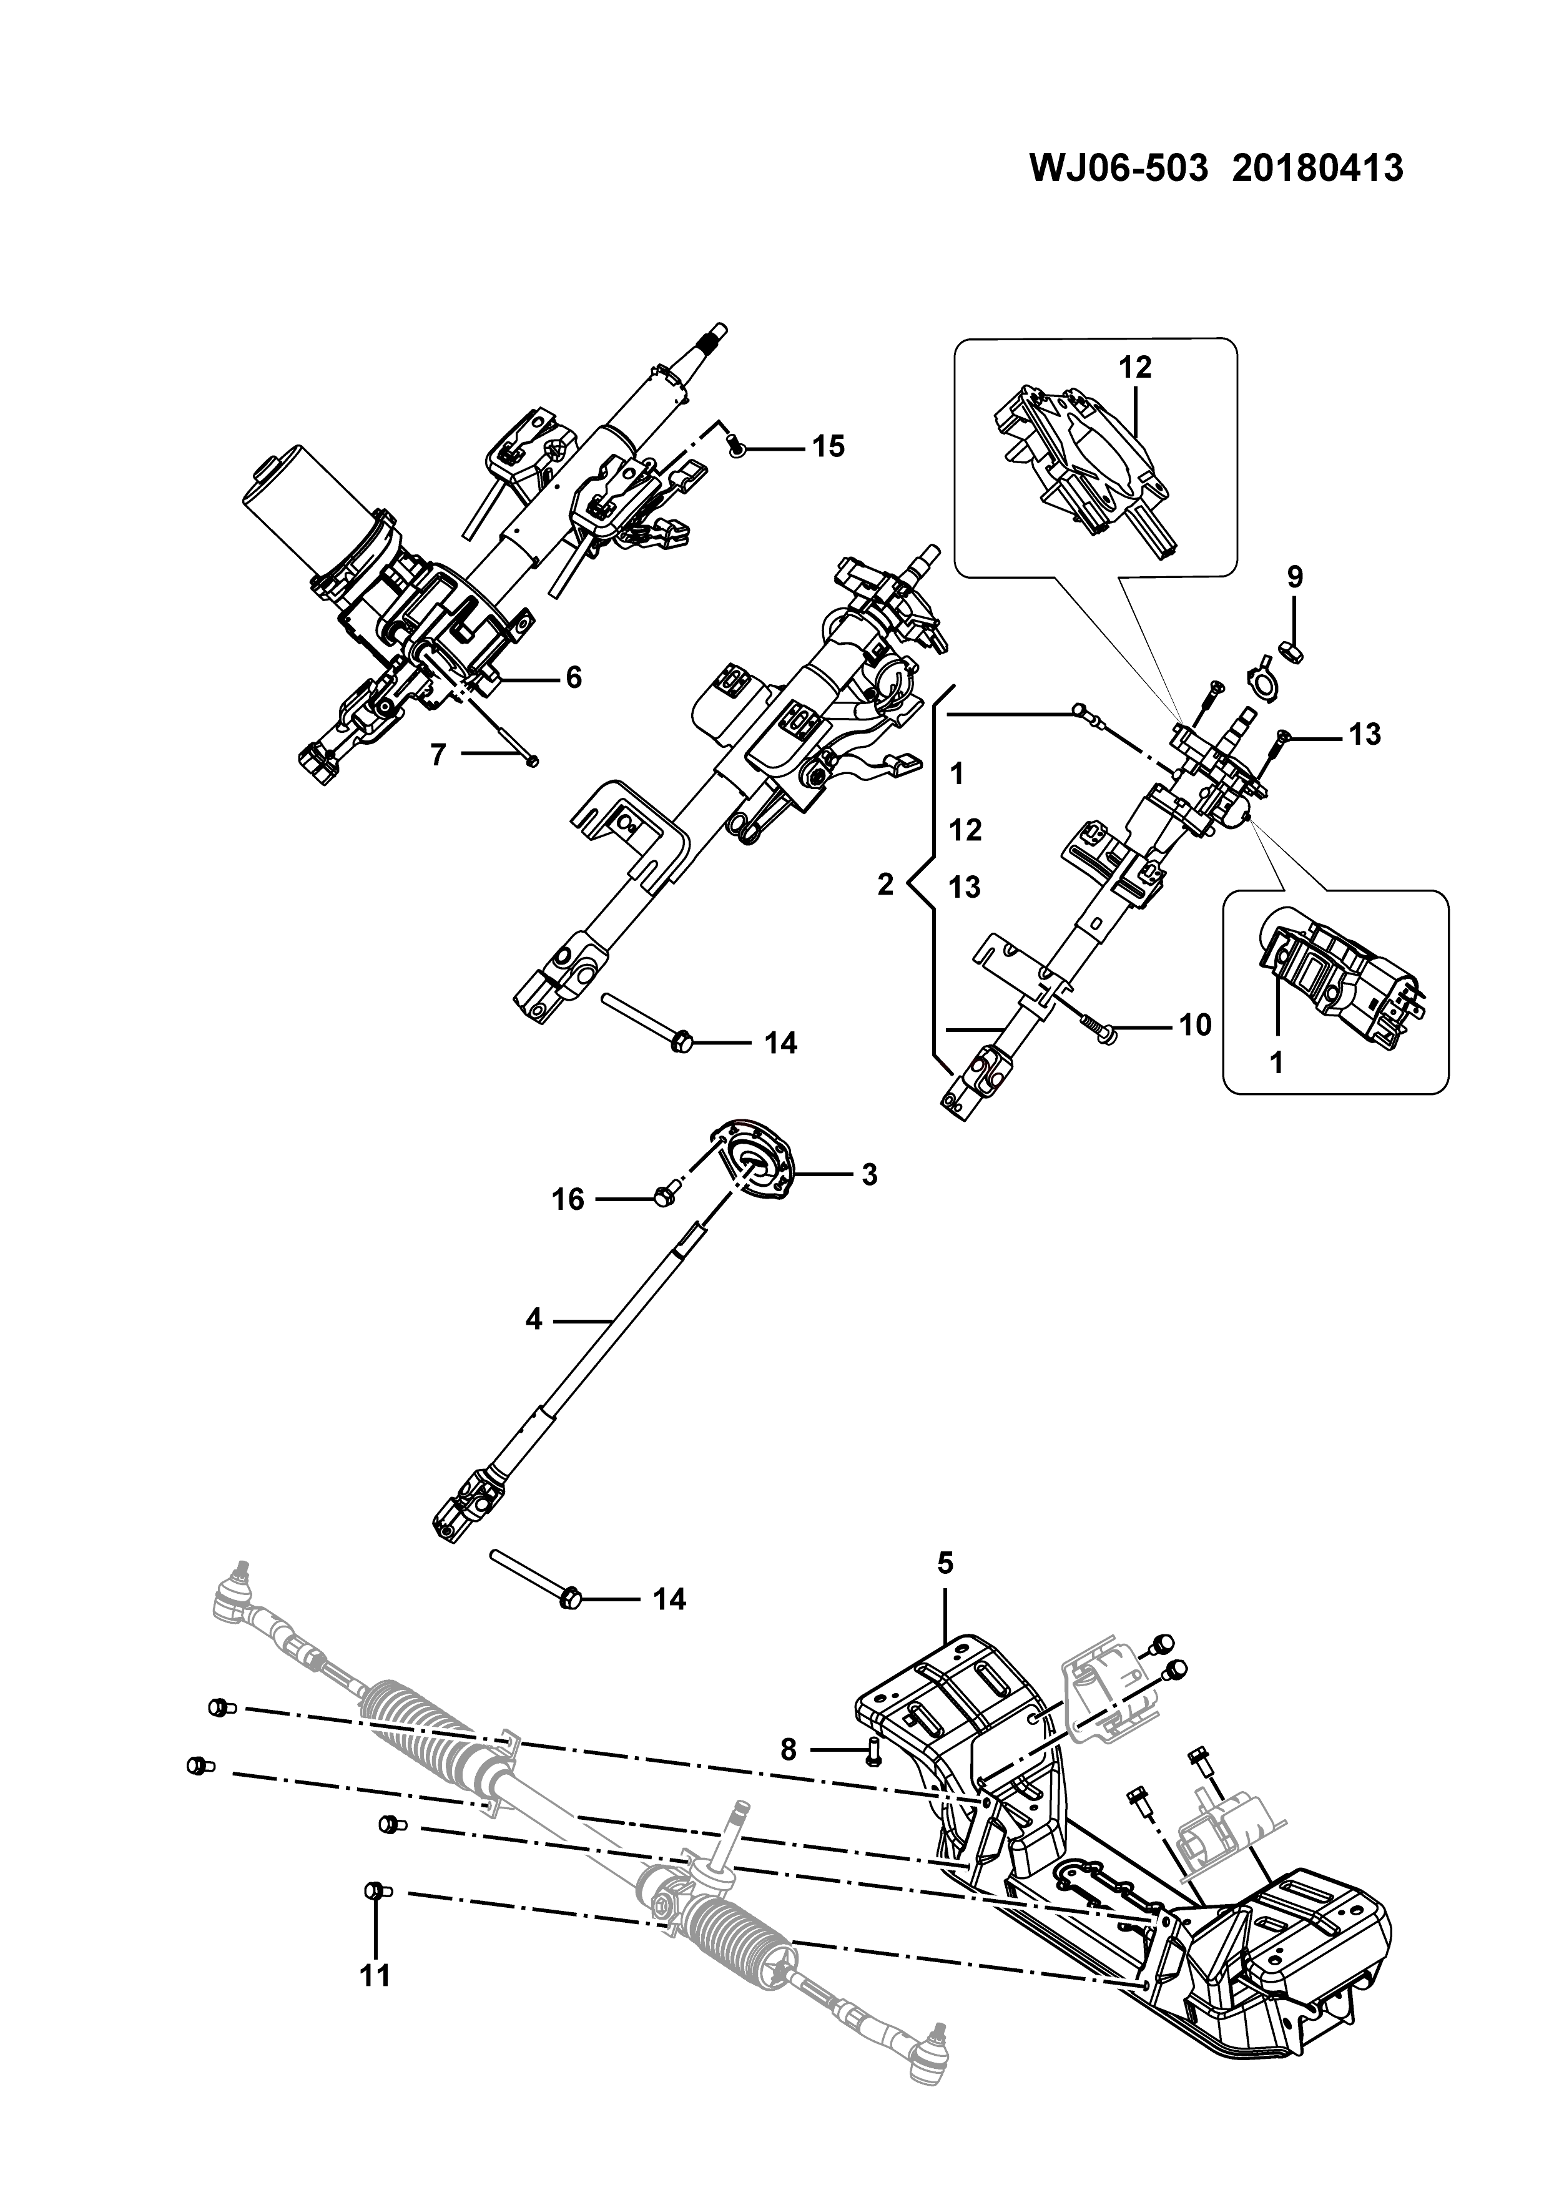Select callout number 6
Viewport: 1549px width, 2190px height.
[573, 677]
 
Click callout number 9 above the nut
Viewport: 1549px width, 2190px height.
[1294, 577]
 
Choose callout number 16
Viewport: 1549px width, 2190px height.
[569, 1199]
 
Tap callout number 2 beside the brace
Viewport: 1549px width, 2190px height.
[886, 885]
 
